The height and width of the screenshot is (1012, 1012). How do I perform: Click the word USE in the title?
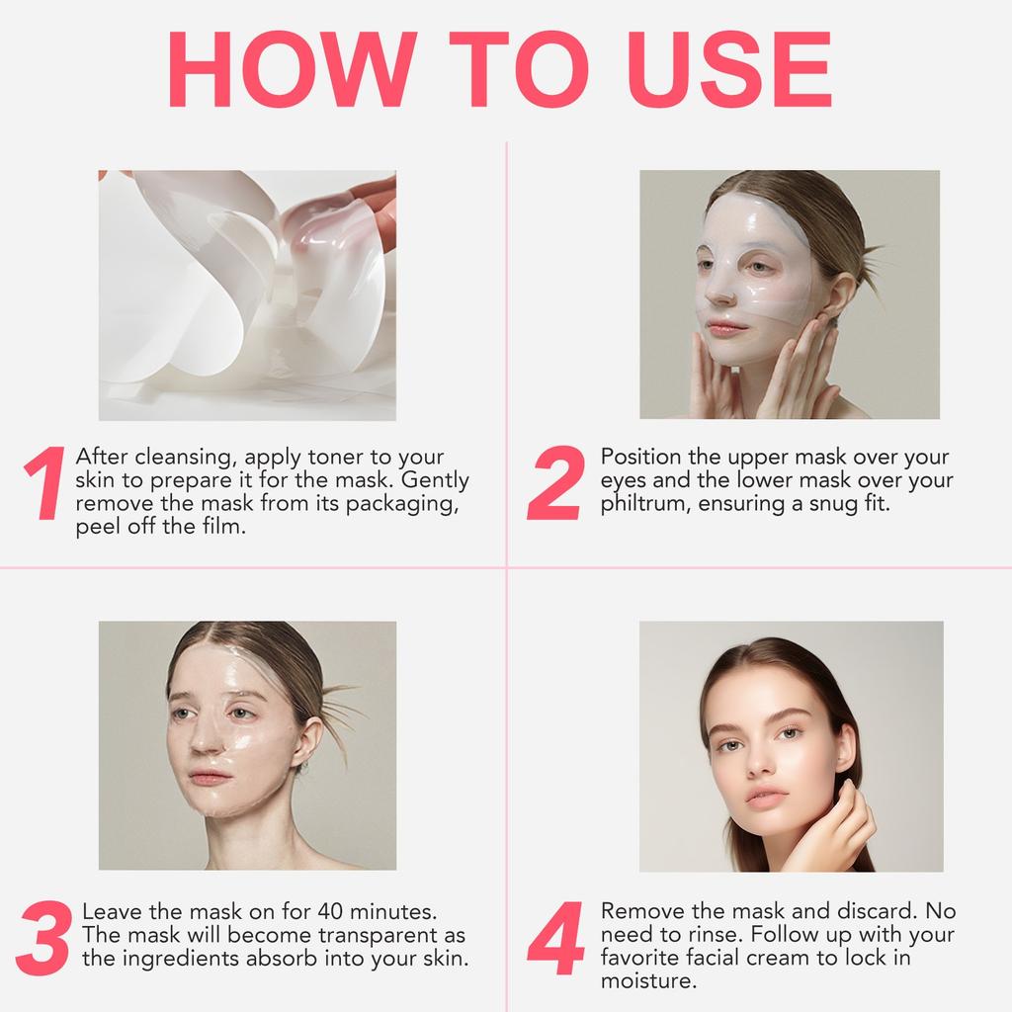point(729,69)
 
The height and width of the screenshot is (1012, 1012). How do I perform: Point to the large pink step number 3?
point(43,938)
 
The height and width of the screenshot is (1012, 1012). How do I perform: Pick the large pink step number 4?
point(556,938)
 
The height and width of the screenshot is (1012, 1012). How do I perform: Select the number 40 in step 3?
point(330,911)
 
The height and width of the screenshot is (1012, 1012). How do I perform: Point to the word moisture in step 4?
point(648,981)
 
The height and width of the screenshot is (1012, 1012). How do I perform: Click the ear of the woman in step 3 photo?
point(308,743)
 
